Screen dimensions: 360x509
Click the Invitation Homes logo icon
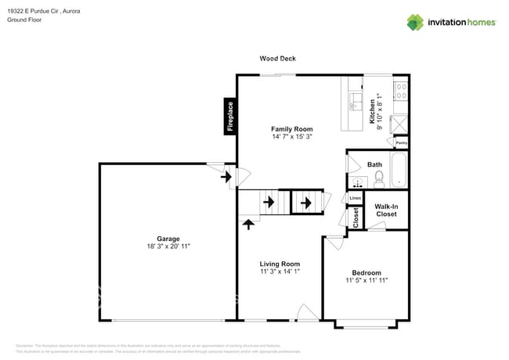tap(415, 22)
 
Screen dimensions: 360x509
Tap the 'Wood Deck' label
tap(278, 59)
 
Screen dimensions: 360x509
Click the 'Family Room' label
tap(292, 129)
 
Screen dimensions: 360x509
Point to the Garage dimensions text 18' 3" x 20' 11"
tap(168, 247)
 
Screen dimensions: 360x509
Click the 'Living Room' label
tap(280, 264)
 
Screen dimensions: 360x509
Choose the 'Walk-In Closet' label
tap(386, 210)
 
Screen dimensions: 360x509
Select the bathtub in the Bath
tap(399, 171)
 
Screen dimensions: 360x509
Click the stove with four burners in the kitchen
tap(400, 92)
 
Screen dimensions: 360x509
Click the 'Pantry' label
tap(401, 142)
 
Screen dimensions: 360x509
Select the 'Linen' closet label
tap(355, 198)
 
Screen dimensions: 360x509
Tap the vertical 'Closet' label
tap(356, 218)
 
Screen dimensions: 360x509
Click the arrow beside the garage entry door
tap(226, 178)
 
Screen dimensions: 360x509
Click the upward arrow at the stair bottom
tap(250, 225)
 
